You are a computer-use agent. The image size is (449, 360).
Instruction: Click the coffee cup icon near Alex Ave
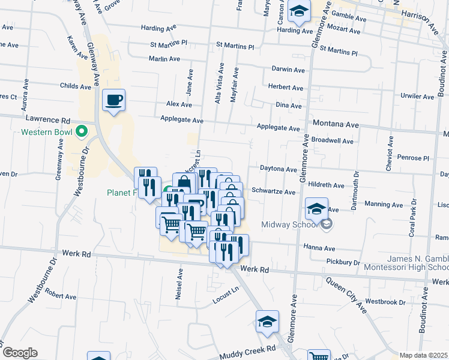tap(113, 100)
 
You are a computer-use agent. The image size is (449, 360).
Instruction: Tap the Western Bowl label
tap(46, 132)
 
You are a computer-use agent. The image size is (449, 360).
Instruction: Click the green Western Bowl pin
tap(83, 131)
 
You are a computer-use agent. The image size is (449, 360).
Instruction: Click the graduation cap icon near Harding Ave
tap(298, 11)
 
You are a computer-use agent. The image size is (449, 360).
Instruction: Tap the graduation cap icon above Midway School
tap(316, 209)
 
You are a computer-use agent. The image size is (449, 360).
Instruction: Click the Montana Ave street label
tap(336, 124)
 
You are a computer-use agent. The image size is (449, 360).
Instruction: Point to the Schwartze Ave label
tap(274, 192)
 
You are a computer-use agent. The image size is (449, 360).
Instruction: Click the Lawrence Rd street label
tap(52, 120)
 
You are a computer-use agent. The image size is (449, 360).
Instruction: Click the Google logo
tap(19, 353)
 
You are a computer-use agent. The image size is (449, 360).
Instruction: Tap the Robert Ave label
tap(61, 296)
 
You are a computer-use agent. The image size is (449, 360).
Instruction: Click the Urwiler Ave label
tap(417, 96)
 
